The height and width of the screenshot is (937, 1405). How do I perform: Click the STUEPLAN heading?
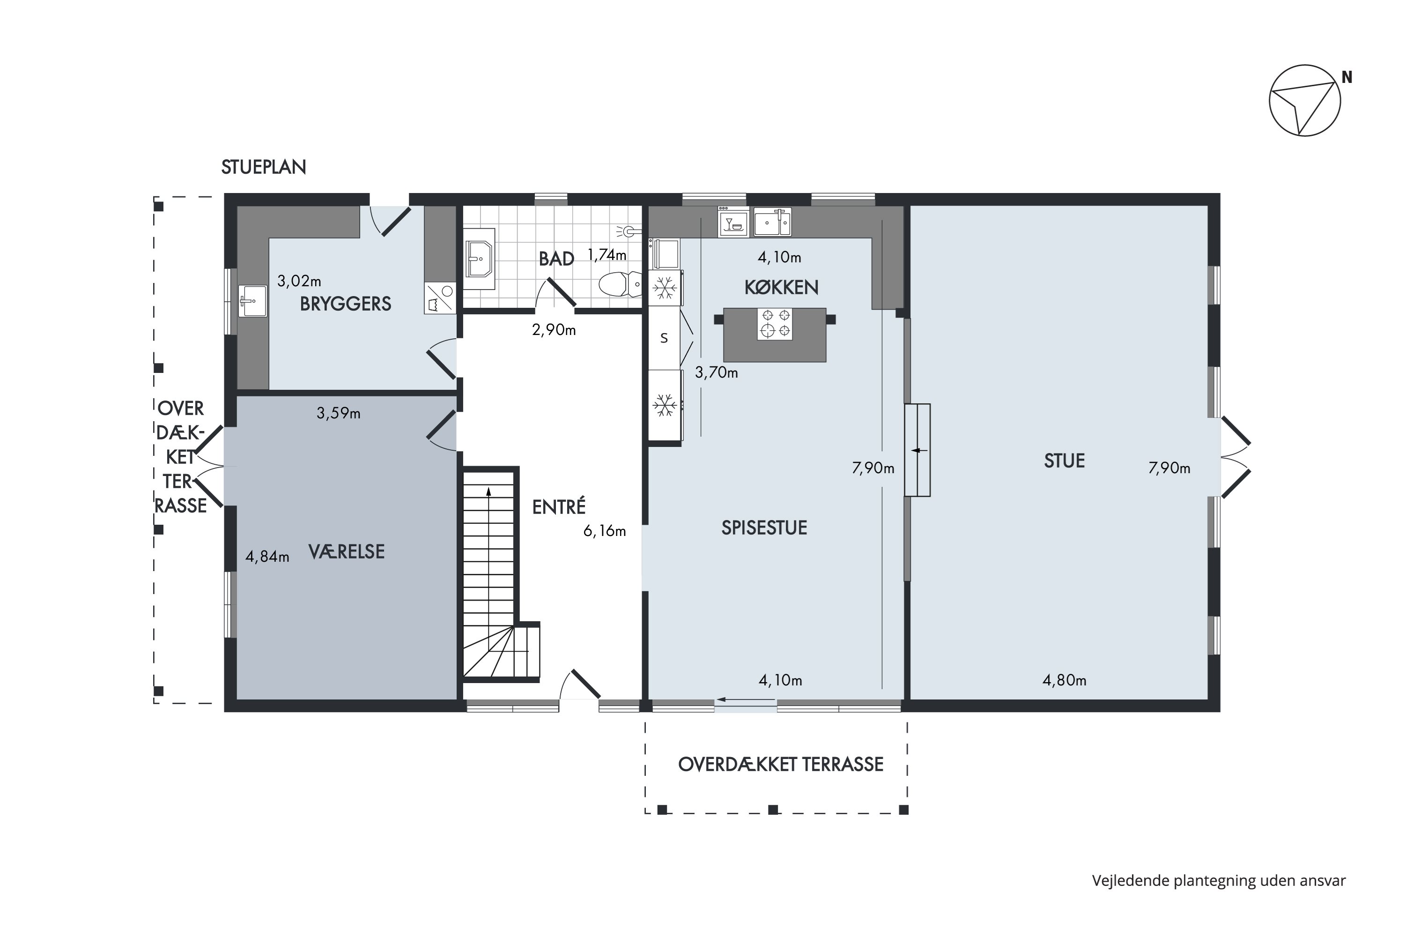point(263,167)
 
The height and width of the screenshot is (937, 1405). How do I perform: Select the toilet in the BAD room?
point(620,284)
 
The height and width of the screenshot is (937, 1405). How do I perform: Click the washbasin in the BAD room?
point(479,259)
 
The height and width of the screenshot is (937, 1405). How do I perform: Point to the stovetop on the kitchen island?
point(775,324)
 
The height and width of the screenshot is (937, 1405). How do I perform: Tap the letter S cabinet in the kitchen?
point(664,338)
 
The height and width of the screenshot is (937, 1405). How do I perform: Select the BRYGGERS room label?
point(345,304)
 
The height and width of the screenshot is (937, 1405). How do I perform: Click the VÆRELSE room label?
point(347,551)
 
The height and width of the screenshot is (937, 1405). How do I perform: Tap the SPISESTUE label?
point(764,528)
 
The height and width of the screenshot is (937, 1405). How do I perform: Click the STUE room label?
point(1065,461)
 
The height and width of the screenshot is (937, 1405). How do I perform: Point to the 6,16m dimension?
point(605,531)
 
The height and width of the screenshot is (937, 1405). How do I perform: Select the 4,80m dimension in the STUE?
point(1065,680)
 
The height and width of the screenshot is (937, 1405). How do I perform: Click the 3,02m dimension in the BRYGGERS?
point(299,280)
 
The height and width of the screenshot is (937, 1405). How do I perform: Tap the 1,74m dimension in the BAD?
point(607,254)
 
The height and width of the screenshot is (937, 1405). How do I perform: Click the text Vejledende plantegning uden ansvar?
point(1219,881)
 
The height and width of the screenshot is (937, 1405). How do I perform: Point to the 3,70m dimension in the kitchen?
point(716,373)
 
